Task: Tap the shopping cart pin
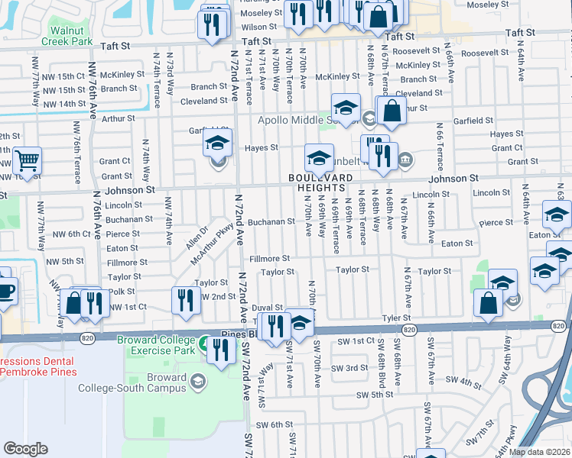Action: [x=27, y=162]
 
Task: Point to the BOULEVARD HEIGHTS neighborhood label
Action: [x=321, y=182]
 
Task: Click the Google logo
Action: [x=25, y=449]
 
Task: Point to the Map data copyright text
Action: [x=540, y=452]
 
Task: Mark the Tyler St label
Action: [x=397, y=318]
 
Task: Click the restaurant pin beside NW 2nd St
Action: [x=184, y=301]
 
